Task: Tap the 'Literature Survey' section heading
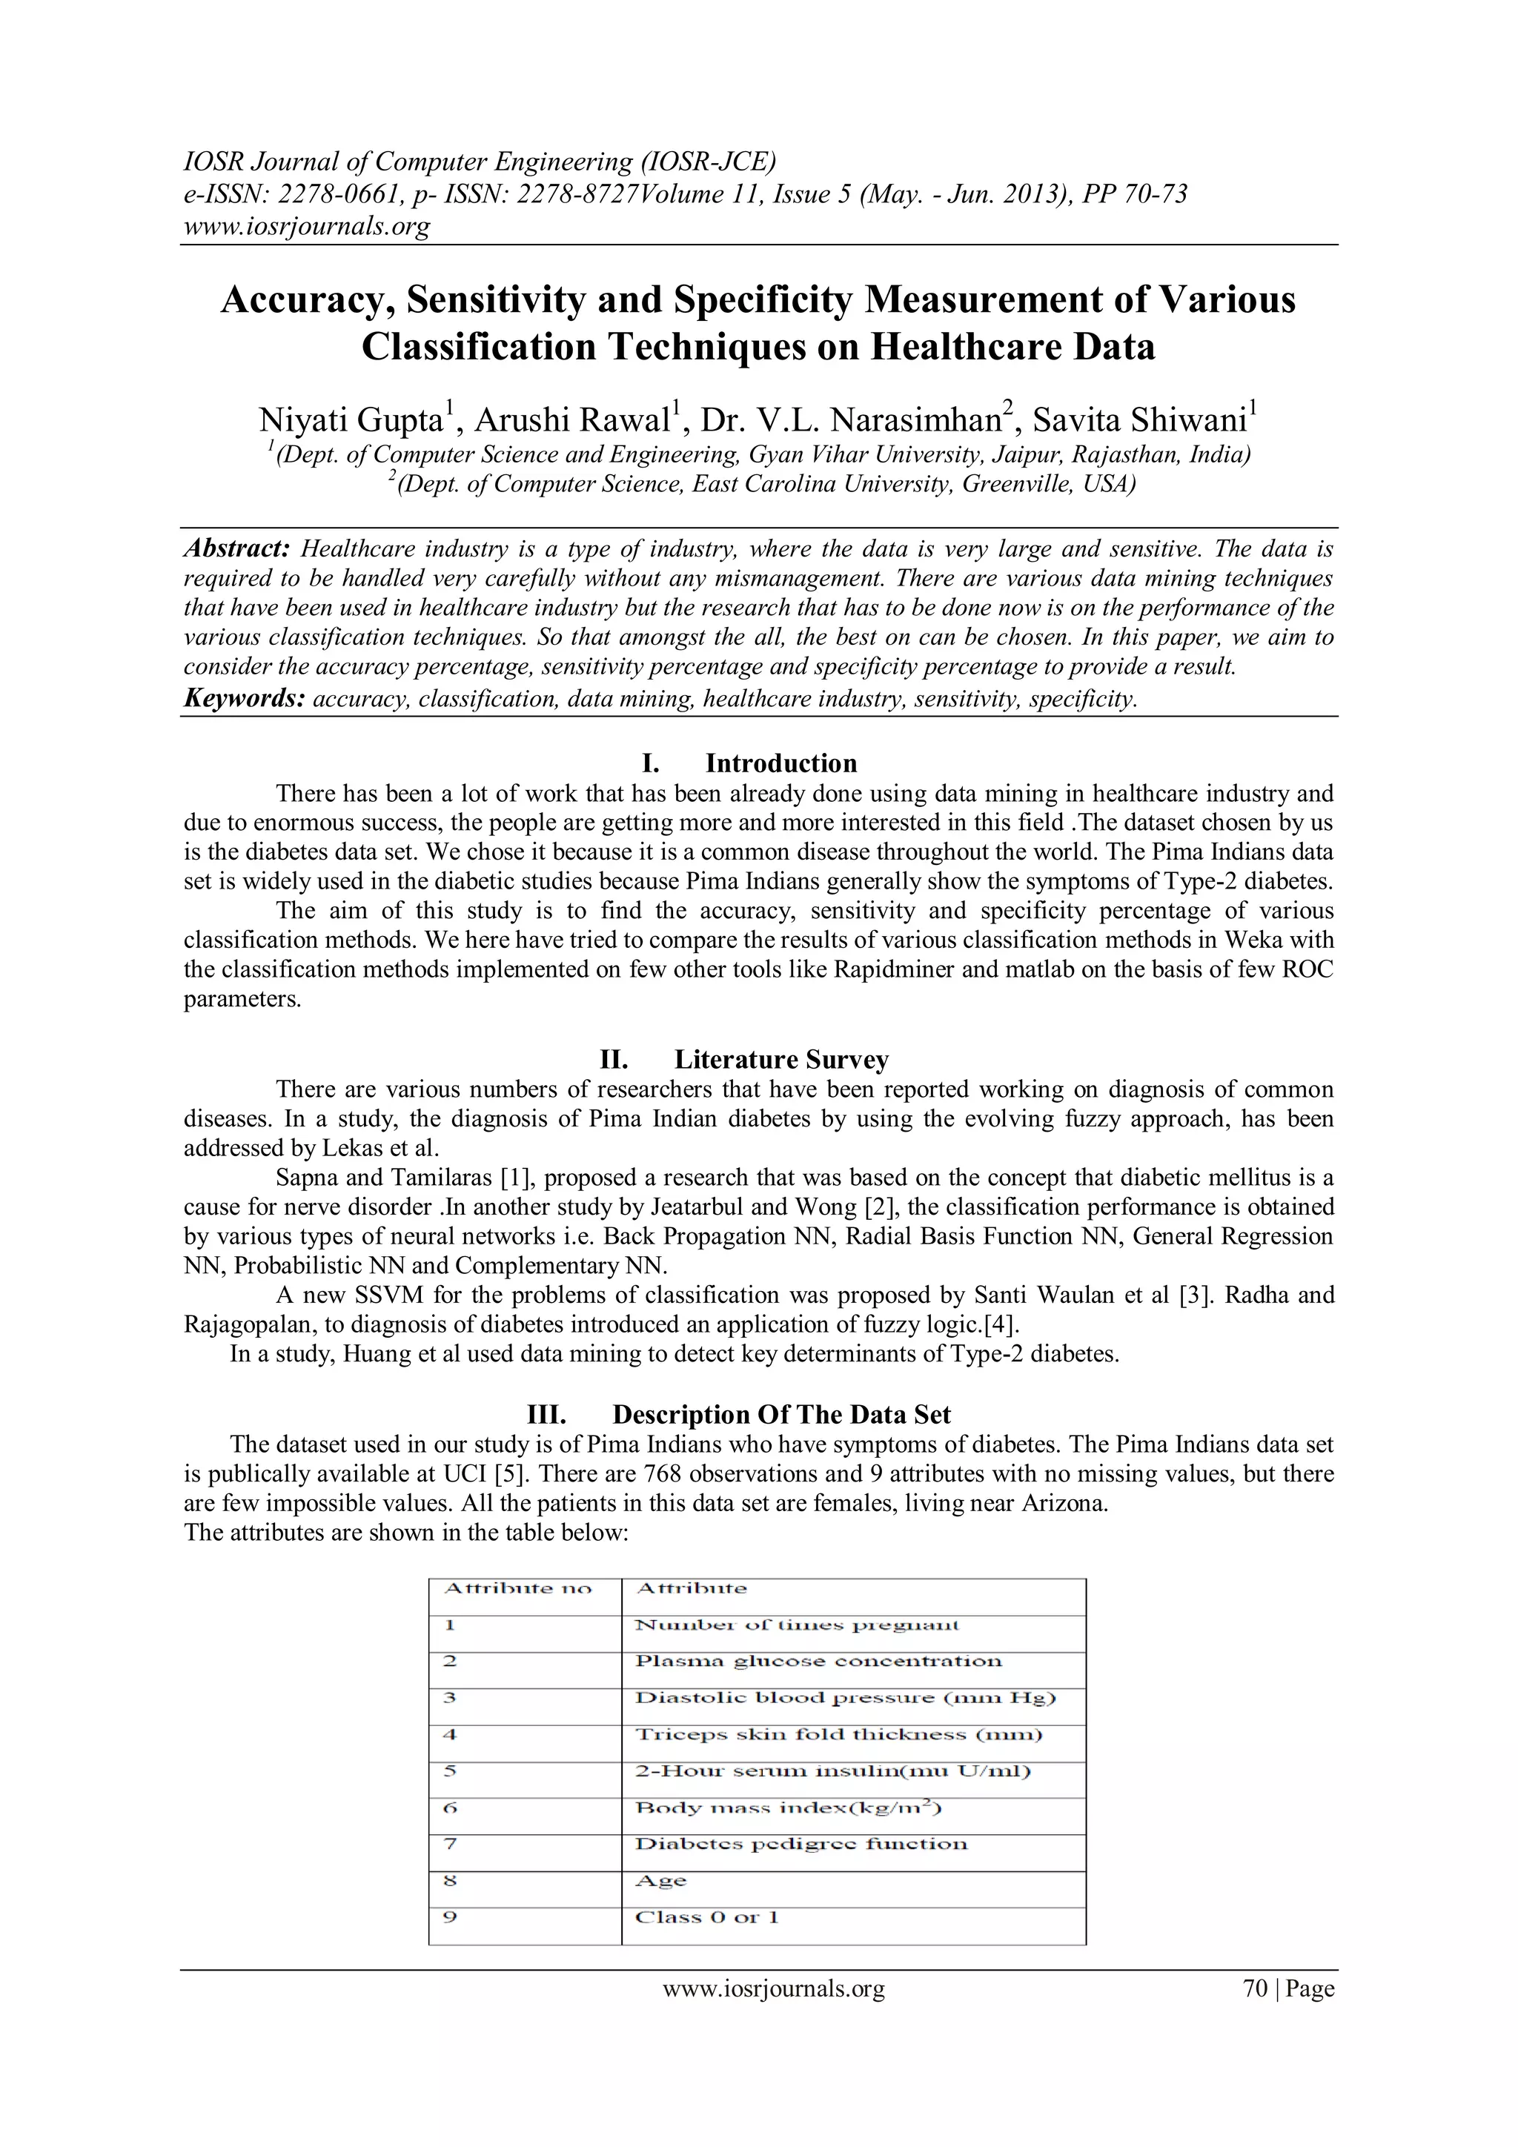pos(781,1060)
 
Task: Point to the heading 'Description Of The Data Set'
pos(781,1415)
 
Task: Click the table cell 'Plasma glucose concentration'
pos(818,1662)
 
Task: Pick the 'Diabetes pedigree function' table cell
pos(801,1844)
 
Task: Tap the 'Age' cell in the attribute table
pos(660,1880)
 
